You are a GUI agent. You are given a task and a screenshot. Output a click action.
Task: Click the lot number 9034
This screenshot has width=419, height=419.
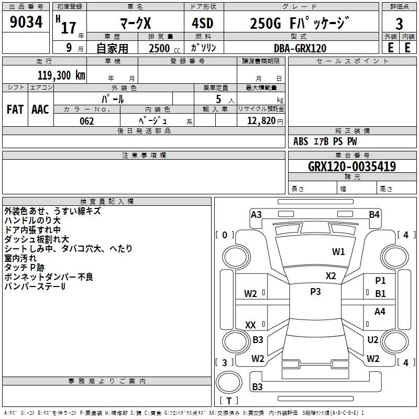pos(26,22)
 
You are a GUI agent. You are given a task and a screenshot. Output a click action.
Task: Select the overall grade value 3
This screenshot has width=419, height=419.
pos(399,24)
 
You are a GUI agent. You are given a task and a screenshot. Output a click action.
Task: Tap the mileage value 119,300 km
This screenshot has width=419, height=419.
pos(61,75)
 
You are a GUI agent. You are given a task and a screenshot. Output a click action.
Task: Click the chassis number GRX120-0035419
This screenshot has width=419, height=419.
pos(352,166)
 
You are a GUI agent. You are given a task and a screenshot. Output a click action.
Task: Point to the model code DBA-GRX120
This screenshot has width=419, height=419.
pos(300,48)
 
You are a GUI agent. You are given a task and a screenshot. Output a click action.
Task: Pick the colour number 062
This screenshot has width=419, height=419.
pos(87,121)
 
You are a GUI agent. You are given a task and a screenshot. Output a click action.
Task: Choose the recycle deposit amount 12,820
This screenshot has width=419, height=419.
pos(261,121)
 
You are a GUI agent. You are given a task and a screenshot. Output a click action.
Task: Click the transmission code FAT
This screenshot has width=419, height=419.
pos(15,109)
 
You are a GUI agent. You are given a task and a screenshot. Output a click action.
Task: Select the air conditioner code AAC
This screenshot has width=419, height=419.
pos(40,109)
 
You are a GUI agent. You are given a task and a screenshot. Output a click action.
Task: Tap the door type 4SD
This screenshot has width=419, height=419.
pos(203,23)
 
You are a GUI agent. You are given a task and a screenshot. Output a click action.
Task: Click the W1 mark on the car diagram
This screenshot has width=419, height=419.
pos(338,252)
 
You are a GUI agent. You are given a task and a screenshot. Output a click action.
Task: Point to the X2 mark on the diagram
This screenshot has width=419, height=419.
pos(330,276)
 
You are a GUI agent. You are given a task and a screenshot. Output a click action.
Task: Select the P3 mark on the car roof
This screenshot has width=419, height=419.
pos(315,292)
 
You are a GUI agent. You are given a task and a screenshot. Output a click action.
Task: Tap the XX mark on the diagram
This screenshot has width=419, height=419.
pos(250,325)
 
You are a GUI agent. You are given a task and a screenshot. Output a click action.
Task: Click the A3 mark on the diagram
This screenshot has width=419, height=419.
pos(256,215)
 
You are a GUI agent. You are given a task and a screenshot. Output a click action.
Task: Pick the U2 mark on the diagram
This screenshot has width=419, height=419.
pos(373,339)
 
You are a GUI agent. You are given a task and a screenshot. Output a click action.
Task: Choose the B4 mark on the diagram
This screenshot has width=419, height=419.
pos(374,215)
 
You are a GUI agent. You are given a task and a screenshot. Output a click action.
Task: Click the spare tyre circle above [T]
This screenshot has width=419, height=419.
pos(229,382)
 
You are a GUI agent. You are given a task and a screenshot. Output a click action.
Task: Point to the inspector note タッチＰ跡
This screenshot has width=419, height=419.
pos(24,268)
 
